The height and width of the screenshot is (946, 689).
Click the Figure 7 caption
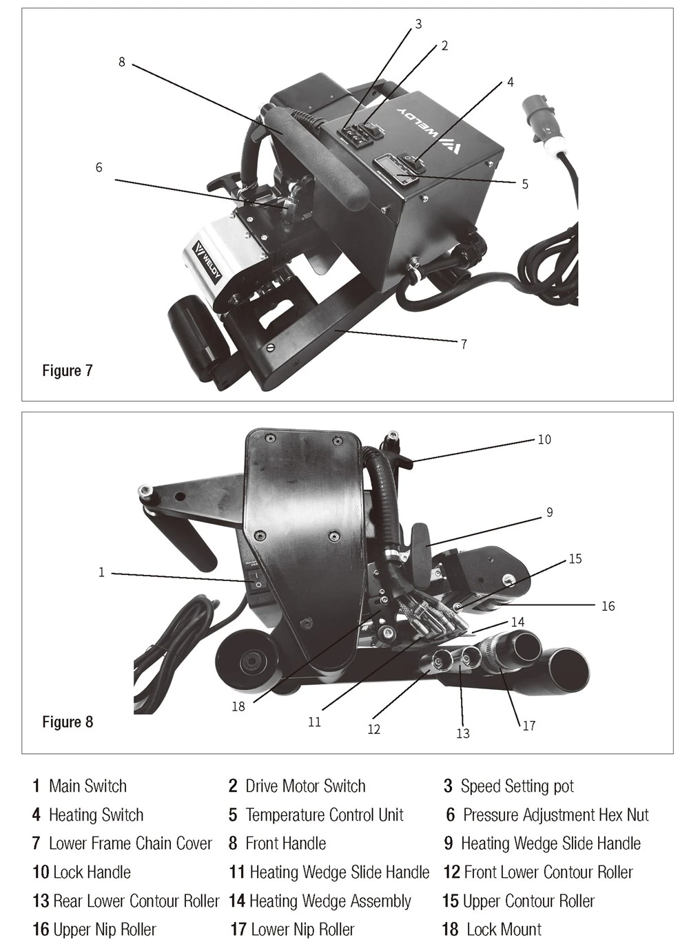point(68,370)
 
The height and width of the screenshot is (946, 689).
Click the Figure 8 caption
point(68,722)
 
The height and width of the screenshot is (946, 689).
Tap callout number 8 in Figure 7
point(122,62)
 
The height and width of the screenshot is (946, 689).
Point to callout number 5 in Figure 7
point(524,184)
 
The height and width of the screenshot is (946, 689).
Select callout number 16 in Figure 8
point(608,606)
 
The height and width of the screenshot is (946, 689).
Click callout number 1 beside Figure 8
point(101,572)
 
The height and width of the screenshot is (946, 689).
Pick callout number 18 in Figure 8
point(238,706)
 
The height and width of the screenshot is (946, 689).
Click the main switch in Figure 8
point(256,580)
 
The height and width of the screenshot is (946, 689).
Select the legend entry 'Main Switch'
point(79,786)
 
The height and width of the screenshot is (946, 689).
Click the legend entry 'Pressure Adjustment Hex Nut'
point(547,814)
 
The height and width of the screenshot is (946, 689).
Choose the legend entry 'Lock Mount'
point(492,929)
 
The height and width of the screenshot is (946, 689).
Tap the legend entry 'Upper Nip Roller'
point(94,929)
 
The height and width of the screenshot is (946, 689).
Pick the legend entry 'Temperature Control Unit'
point(316,814)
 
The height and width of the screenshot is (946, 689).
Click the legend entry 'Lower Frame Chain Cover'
point(122,843)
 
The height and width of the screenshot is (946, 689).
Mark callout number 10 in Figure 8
point(544,440)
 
